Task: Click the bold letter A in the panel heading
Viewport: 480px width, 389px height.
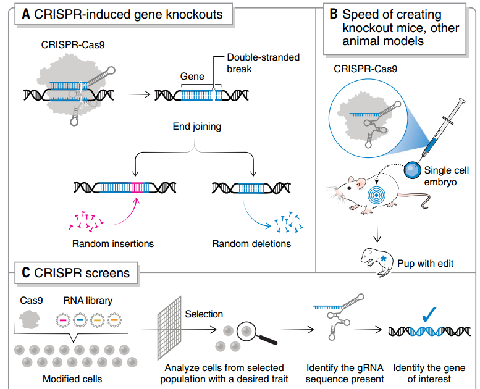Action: point(27,14)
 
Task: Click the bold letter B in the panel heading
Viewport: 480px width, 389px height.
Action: point(334,14)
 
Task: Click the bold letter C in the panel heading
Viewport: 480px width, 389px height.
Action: point(27,272)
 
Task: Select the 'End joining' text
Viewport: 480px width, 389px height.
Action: point(196,127)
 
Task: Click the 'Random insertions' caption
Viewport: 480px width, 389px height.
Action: point(113,243)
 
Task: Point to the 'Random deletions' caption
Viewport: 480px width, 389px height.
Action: point(251,243)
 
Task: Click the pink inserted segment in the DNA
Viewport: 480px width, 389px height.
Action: point(136,187)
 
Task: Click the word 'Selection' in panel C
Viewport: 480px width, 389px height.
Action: point(204,314)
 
